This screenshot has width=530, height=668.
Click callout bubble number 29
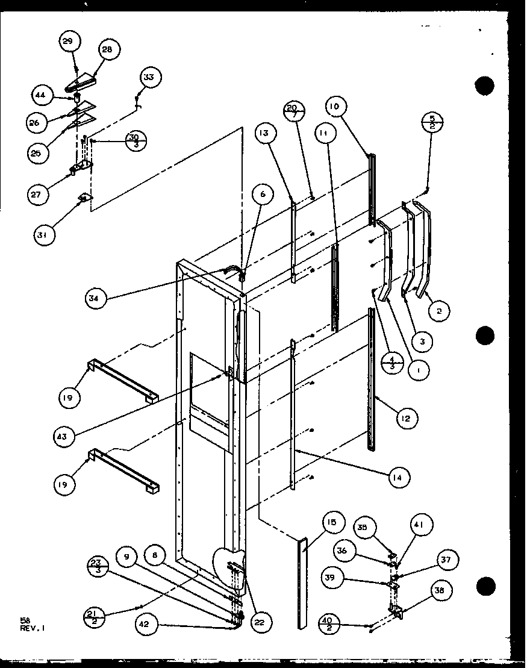67,42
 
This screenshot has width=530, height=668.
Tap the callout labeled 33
149,77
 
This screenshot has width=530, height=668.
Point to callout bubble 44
40,95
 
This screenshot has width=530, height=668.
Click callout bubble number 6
263,195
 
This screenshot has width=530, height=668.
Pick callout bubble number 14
399,477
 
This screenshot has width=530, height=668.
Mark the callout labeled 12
407,417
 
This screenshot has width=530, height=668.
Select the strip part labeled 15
301,583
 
